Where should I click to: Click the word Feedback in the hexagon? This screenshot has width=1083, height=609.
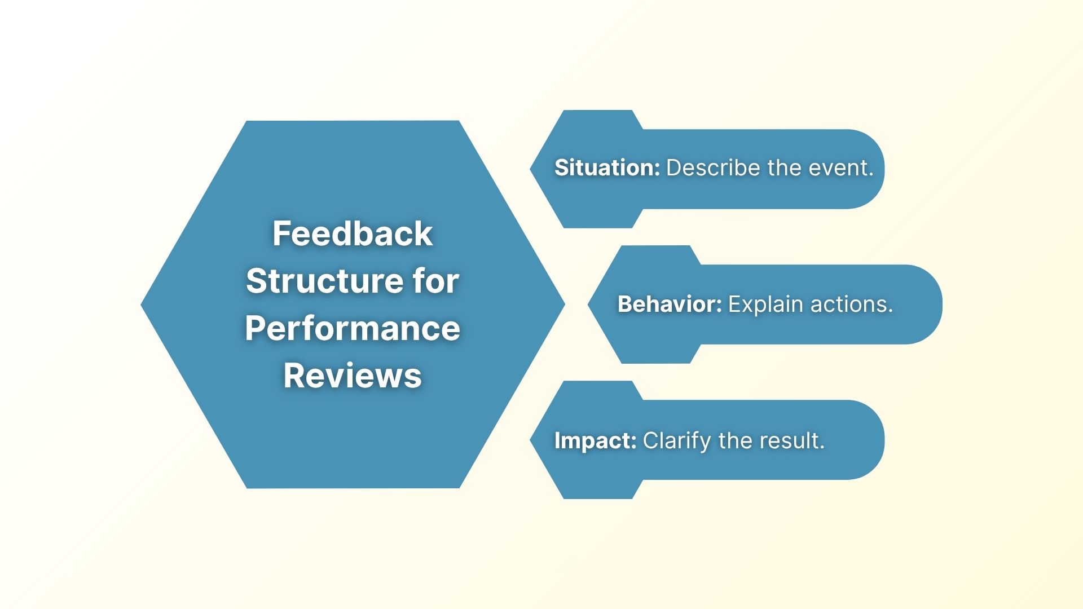click(353, 233)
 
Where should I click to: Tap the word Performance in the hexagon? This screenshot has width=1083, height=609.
click(353, 328)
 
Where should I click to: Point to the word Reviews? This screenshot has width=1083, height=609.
click(353, 376)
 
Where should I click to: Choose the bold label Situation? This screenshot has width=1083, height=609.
click(607, 168)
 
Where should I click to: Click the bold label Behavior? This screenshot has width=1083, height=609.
click(670, 304)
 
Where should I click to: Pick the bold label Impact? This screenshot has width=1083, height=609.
click(595, 440)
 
